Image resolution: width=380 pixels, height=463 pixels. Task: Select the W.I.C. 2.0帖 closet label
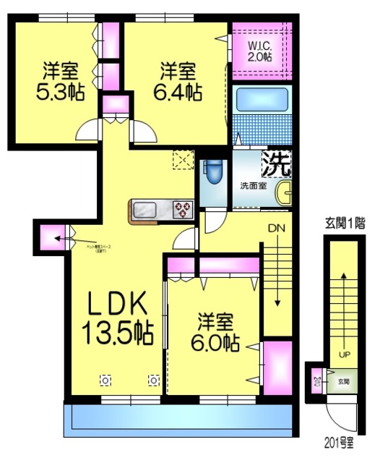(x=260, y=51)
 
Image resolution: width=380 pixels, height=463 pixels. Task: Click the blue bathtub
(x=262, y=100)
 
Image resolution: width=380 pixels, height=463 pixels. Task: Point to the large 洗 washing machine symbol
(x=277, y=162)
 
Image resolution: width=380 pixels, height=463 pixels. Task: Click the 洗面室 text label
(x=254, y=186)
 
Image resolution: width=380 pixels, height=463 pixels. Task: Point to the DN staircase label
(x=277, y=228)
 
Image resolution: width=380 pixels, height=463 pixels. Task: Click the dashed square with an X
(x=181, y=160)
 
